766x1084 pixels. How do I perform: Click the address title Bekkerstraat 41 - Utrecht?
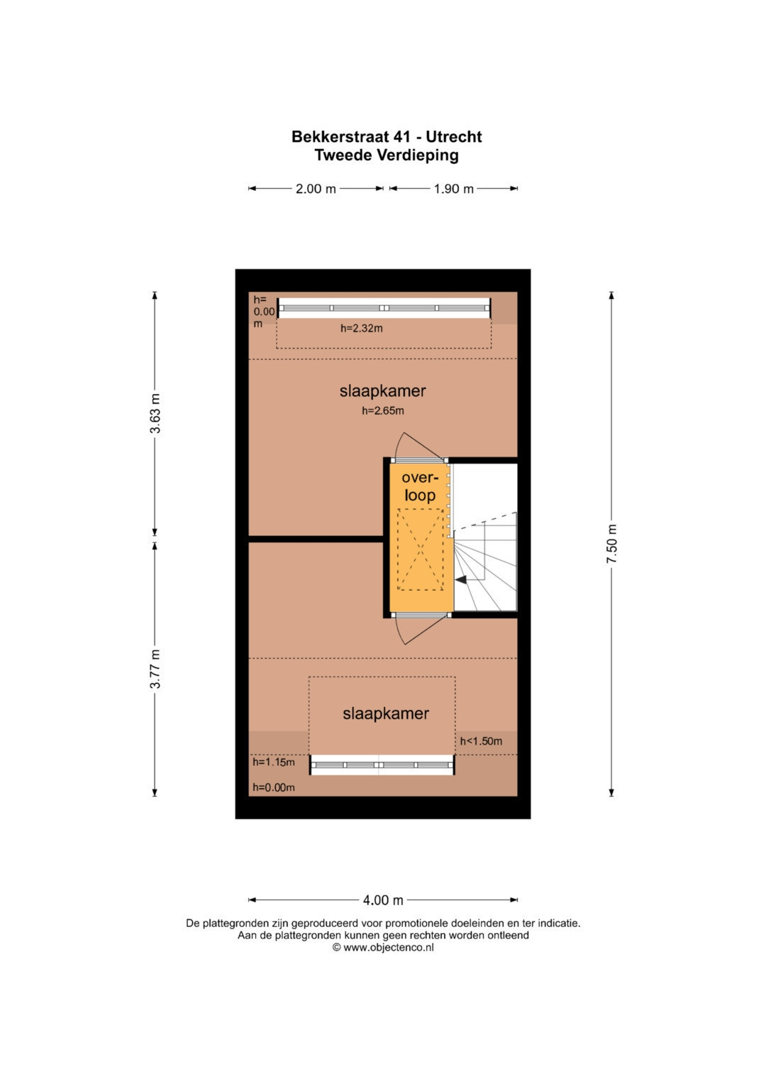click(387, 137)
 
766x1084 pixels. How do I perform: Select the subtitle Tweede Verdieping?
click(387, 155)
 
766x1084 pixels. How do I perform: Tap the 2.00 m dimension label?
click(316, 189)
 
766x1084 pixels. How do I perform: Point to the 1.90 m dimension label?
click(454, 189)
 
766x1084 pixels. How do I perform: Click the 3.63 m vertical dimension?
click(155, 413)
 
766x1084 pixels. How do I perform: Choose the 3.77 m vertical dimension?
click(155, 668)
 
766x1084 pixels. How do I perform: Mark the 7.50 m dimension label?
click(611, 544)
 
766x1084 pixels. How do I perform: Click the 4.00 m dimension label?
click(383, 900)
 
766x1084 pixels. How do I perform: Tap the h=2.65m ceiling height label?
click(383, 411)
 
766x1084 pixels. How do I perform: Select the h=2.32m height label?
click(362, 328)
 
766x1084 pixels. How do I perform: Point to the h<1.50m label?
click(481, 741)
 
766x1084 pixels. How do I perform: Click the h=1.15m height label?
click(274, 762)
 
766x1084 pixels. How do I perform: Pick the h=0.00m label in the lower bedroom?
click(274, 787)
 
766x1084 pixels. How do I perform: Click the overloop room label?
click(420, 486)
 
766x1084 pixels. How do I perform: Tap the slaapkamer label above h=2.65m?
click(382, 391)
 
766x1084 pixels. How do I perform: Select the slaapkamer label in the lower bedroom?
click(386, 713)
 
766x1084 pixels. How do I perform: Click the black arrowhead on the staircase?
click(461, 579)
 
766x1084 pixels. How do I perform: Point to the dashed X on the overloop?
click(420, 549)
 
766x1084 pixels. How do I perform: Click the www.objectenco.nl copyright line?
click(383, 961)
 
